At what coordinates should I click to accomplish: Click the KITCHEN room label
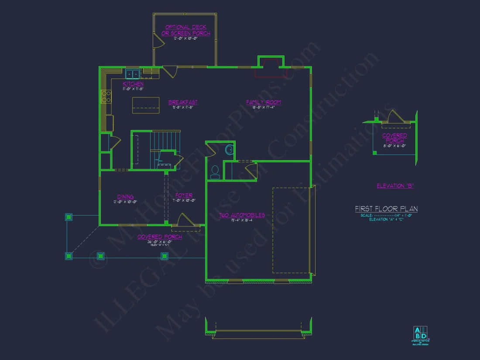coord(133,84)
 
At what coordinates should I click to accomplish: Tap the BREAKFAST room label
coord(183,102)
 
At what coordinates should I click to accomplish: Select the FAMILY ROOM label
coord(264,102)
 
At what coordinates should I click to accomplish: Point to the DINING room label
coord(125,197)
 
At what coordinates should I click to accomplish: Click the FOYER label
coord(184,195)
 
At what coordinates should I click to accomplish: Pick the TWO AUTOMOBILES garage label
coord(242,215)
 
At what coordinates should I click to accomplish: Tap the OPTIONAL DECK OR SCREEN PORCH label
coord(186,30)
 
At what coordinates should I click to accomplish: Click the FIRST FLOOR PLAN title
coord(386,209)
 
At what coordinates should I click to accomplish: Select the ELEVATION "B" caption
coord(395,186)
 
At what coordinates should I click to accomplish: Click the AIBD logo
coord(421,333)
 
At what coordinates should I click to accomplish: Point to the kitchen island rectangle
coord(145,105)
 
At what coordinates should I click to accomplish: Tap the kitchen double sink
coord(132,74)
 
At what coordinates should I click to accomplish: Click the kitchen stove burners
coord(106,96)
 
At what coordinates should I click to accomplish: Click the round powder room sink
coord(230,150)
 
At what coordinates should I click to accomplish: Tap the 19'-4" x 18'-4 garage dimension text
coord(242,221)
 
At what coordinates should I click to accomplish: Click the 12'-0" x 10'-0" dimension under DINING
coord(125,202)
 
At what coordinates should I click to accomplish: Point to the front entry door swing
coord(182,220)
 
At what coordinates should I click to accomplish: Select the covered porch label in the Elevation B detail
coord(394,138)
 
